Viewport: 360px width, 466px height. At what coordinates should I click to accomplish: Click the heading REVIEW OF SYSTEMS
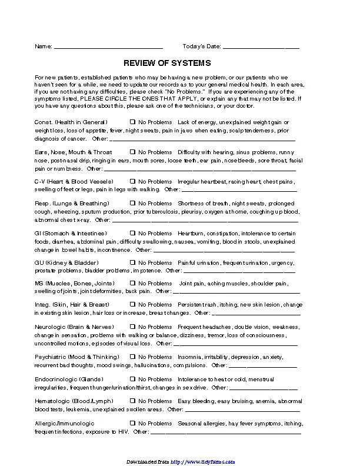pos(167,63)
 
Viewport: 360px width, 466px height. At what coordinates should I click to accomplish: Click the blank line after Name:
pos(108,46)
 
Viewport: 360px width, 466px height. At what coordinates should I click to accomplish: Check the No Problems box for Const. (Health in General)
pos(133,122)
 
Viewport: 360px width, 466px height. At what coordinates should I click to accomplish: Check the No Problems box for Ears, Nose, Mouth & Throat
pos(133,152)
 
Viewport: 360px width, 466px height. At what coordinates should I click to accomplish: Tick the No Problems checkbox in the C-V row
pos(133,182)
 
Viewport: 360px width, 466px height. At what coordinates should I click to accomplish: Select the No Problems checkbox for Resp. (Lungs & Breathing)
pos(133,203)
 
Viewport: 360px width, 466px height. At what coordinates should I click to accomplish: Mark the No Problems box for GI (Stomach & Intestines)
pos(133,233)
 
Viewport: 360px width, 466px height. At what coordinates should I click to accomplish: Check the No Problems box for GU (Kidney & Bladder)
pos(133,262)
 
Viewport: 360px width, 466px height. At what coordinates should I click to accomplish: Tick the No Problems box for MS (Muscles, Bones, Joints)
pos(133,284)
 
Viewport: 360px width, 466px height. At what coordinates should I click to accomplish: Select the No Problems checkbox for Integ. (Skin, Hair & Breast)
pos(133,305)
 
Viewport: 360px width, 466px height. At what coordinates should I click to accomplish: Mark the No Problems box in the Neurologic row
pos(133,327)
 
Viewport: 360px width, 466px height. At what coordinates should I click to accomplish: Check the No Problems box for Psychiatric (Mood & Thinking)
pos(133,357)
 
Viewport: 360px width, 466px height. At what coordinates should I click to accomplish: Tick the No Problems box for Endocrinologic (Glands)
pos(133,380)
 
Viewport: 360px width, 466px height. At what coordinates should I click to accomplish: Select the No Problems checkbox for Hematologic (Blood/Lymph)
pos(133,401)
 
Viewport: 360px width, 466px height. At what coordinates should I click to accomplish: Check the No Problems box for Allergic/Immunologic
pos(133,424)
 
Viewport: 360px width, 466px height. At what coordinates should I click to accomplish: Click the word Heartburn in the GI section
pos(191,233)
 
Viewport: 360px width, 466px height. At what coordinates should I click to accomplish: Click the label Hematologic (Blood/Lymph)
pos(71,401)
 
